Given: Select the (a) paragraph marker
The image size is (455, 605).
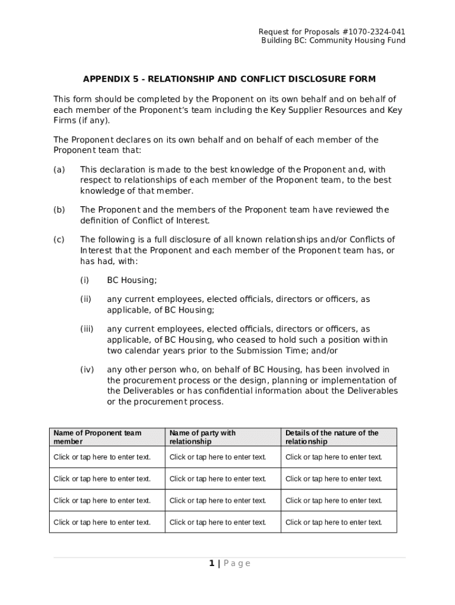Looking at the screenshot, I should click(59, 170).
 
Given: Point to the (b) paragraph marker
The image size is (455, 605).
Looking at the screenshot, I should click(59, 210).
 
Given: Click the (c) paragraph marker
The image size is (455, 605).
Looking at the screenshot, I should click(59, 239).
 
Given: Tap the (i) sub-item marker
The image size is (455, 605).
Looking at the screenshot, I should click(84, 280).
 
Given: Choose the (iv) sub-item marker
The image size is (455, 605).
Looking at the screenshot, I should click(87, 370).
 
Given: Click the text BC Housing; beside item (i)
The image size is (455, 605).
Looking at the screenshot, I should click(132, 280).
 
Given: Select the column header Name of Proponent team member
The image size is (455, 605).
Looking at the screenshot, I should click(97, 437).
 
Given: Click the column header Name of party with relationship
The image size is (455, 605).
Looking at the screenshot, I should click(202, 437).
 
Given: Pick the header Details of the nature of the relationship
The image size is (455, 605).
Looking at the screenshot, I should click(331, 437).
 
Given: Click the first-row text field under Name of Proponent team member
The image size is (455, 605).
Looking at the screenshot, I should click(102, 457).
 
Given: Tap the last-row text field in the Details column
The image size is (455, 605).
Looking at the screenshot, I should click(334, 522).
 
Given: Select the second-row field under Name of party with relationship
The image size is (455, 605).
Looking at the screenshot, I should click(218, 479).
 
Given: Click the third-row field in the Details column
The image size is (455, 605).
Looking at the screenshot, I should click(334, 500).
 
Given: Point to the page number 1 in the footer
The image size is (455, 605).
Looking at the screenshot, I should click(211, 563).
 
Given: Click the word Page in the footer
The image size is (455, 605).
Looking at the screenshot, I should click(237, 563).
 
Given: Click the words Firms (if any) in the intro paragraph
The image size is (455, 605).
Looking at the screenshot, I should click(82, 121).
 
